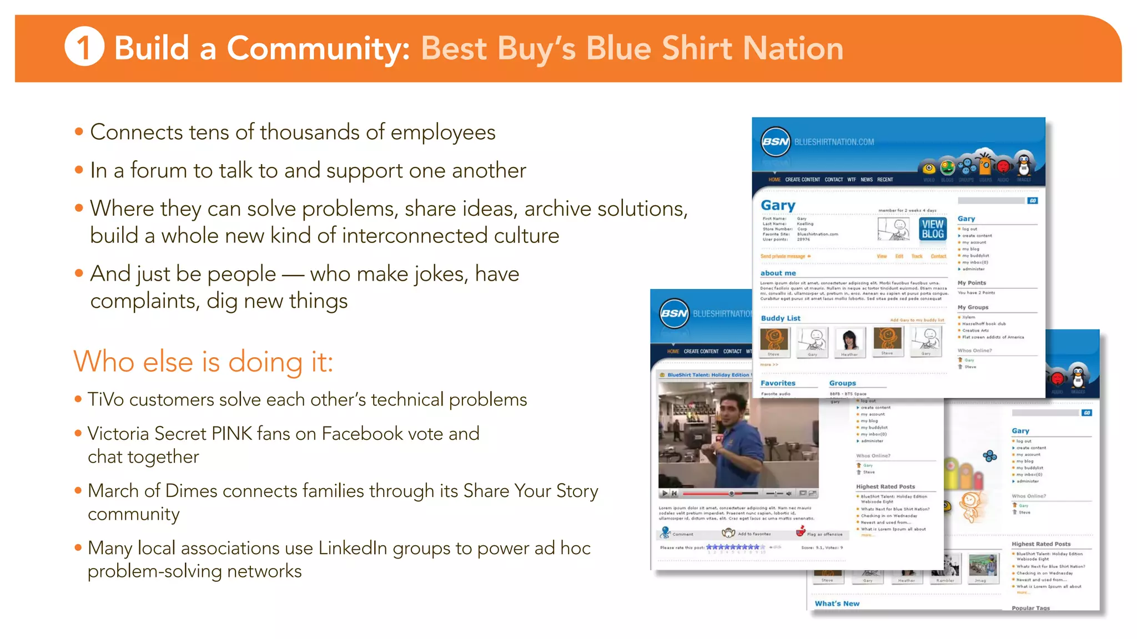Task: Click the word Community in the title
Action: coord(318,48)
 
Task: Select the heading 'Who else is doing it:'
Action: coord(203,362)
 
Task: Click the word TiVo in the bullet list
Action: coord(105,399)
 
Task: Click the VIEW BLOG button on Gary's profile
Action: coord(933,229)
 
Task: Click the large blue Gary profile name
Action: coord(778,205)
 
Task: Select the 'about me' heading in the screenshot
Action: coord(778,273)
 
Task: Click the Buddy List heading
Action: coord(781,318)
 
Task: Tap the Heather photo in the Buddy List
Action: coord(849,339)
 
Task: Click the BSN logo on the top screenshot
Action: coord(776,142)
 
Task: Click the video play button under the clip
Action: coord(665,493)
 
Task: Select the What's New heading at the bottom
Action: coord(837,603)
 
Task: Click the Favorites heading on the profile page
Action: coord(778,383)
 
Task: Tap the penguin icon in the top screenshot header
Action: coord(1024,164)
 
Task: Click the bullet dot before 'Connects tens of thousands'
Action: coord(79,132)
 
